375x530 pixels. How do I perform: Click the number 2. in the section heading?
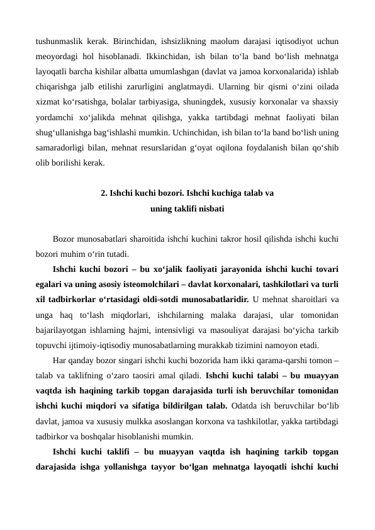[104, 193]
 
